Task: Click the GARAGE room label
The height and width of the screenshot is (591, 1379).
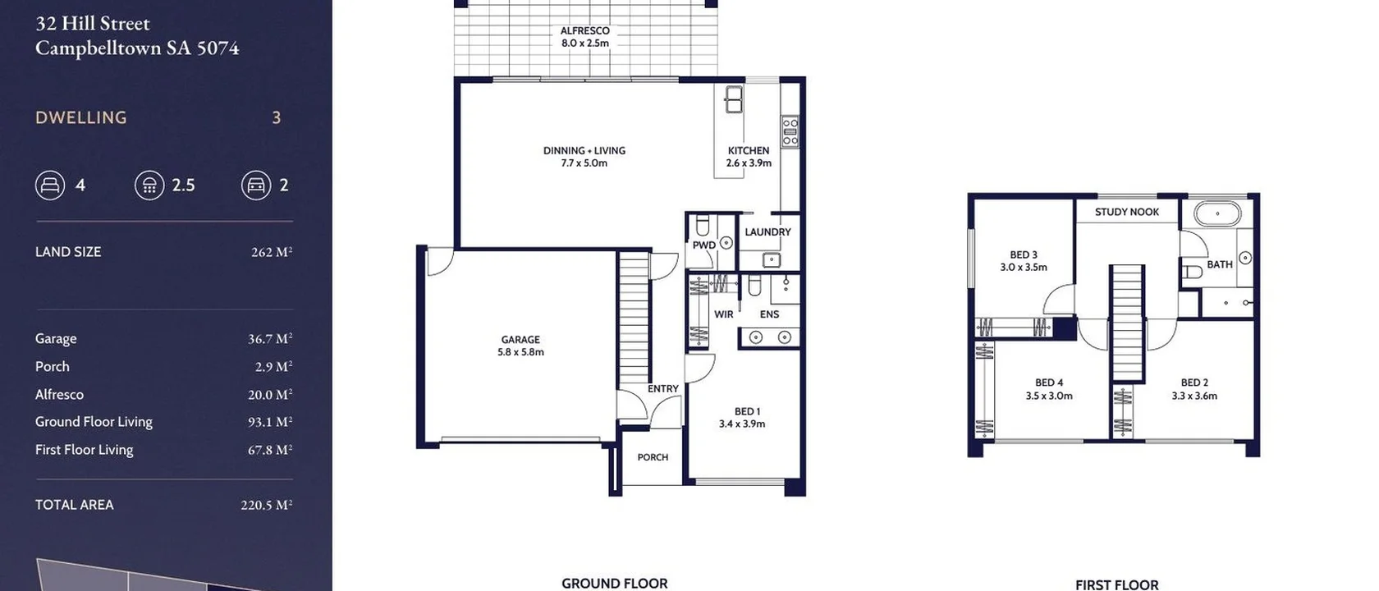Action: tap(520, 339)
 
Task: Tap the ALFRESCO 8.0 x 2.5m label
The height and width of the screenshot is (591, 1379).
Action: tap(584, 37)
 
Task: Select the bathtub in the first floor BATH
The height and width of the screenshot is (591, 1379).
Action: tap(1217, 215)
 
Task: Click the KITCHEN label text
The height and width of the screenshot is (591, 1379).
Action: tap(748, 151)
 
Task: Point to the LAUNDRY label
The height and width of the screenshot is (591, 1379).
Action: tap(767, 232)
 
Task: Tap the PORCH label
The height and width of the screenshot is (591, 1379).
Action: tap(653, 457)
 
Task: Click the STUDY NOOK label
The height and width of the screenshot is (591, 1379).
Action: tap(1126, 212)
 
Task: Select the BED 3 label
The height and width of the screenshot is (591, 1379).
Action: tap(1023, 254)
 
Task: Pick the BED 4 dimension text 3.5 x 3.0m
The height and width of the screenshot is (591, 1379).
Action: tap(1048, 396)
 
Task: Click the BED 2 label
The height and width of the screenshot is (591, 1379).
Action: tap(1193, 383)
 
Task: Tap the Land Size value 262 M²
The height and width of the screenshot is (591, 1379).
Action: tap(271, 252)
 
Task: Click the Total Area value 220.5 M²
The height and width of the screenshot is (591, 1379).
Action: tap(266, 505)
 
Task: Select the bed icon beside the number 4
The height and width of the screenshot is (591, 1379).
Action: tap(50, 185)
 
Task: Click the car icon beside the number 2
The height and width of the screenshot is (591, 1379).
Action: tap(255, 185)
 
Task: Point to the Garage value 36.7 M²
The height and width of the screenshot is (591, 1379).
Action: tap(269, 338)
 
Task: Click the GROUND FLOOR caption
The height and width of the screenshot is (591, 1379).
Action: tap(614, 583)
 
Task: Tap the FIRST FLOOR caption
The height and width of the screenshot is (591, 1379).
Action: tap(1116, 584)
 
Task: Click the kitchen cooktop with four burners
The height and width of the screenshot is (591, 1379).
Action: tap(790, 131)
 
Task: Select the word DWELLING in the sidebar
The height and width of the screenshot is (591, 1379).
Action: tap(81, 117)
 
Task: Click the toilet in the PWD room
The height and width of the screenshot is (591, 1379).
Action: tap(703, 225)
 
